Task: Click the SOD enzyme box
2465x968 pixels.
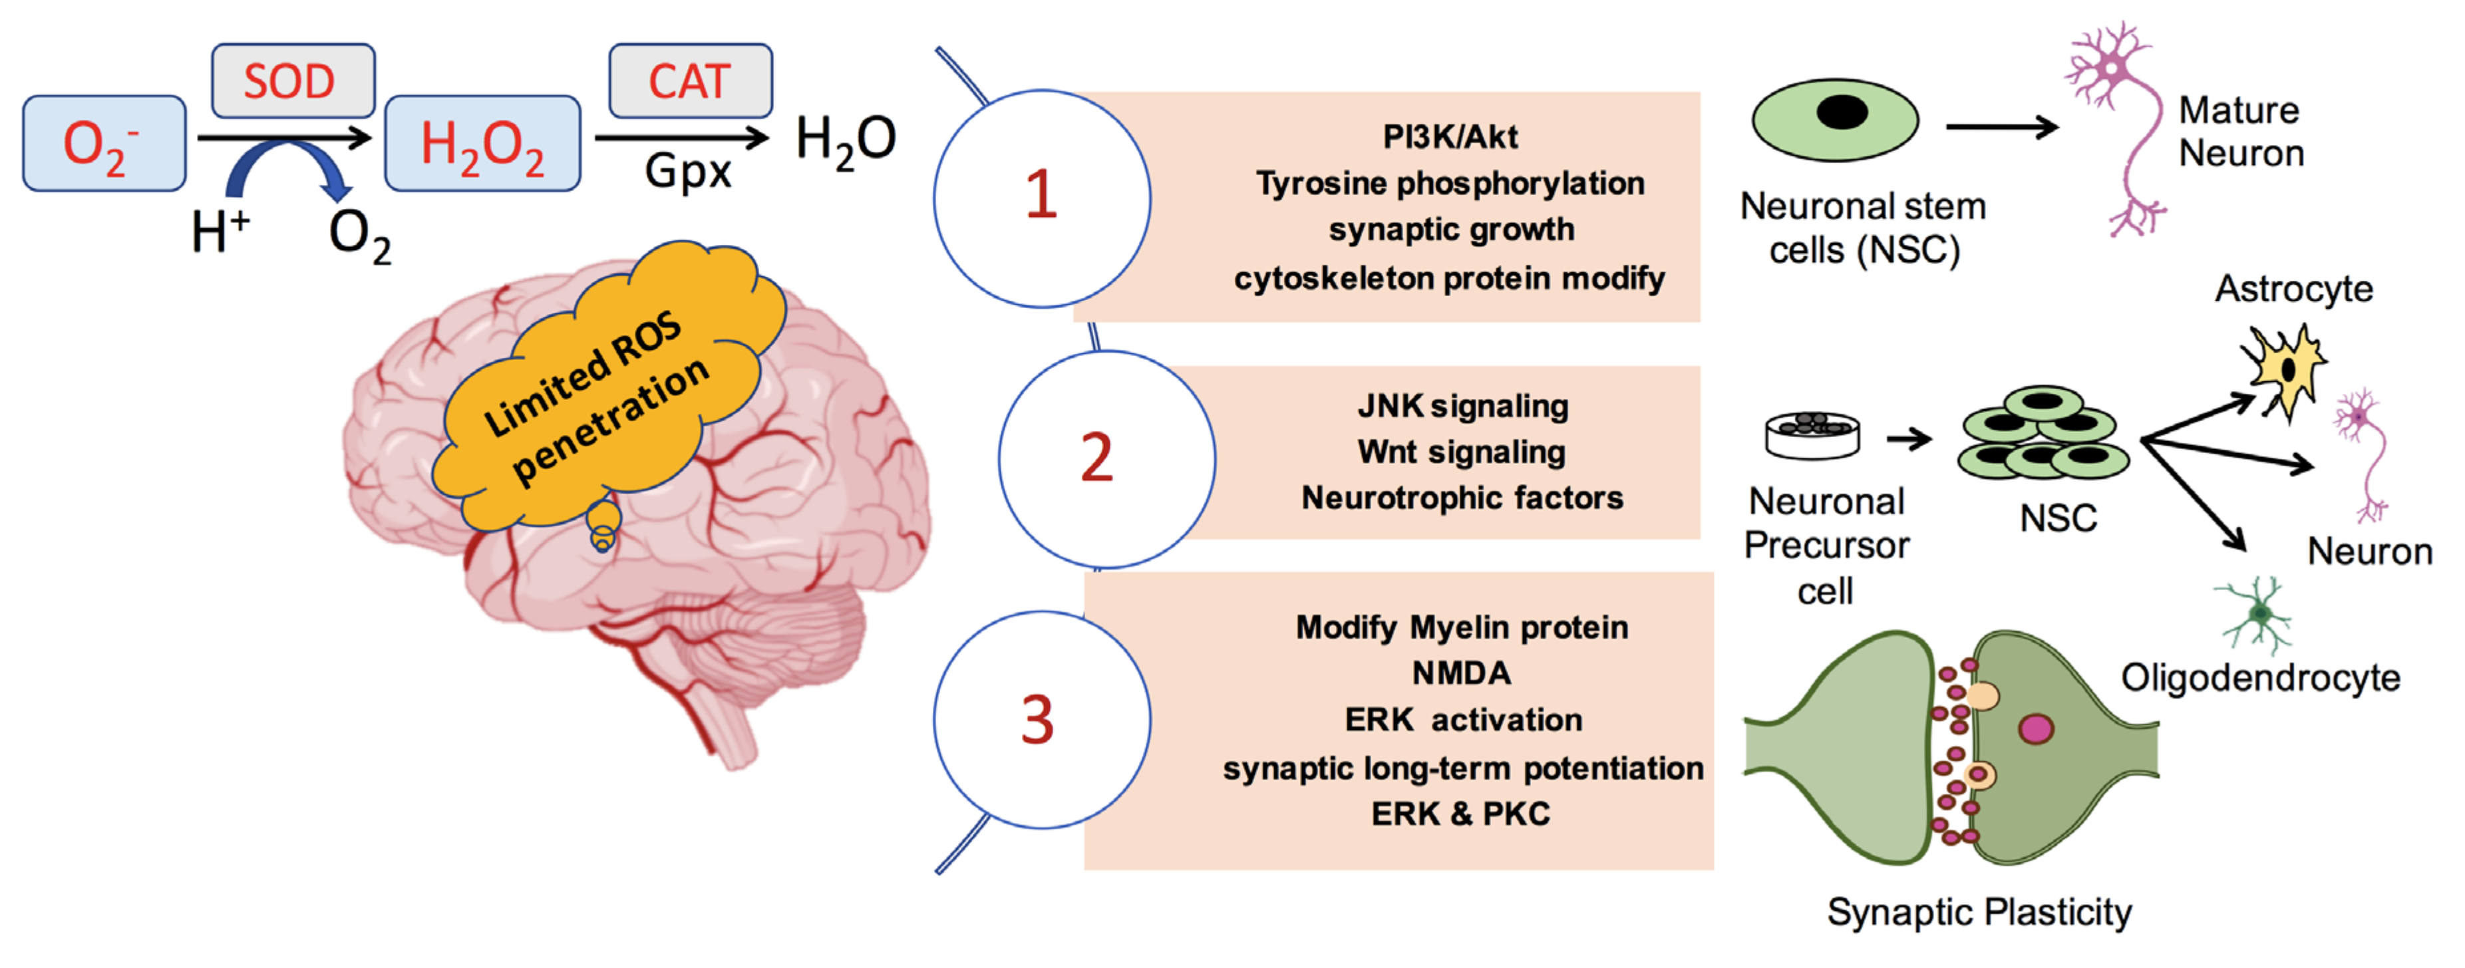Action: coord(292,81)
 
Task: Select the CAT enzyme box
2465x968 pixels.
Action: coord(690,81)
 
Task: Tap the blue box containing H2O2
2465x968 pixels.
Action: coord(482,144)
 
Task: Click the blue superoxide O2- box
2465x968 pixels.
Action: coord(103,144)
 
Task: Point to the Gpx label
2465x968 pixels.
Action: coord(687,172)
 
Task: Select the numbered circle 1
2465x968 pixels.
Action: coord(1041,198)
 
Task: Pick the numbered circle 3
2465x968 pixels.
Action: coord(1041,719)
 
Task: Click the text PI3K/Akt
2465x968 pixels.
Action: coord(1450,137)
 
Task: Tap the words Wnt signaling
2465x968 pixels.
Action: coord(1461,452)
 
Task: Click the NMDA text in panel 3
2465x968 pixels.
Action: coord(1461,673)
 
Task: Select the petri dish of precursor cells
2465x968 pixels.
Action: coord(1812,435)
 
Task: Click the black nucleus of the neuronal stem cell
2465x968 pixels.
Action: coord(1841,112)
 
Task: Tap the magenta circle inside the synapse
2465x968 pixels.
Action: coord(2035,729)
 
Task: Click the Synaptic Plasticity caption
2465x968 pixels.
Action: coord(1979,911)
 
